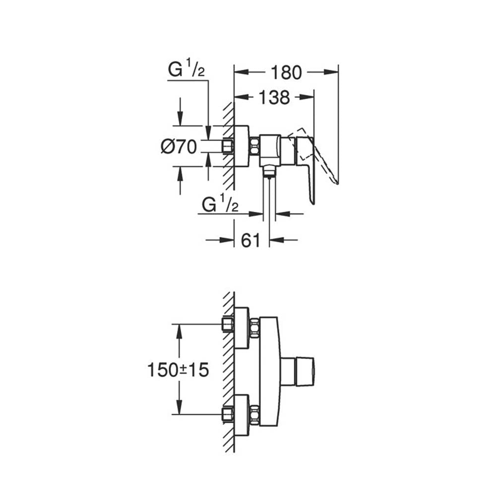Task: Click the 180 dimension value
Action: coord(286,72)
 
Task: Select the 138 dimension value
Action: coord(274,98)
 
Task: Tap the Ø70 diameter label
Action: coord(179,146)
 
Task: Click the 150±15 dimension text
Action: coord(178,370)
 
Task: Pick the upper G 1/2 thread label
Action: coord(186,70)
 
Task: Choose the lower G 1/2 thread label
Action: coord(220,204)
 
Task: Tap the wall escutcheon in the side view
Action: coord(241,146)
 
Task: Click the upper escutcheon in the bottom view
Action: coord(241,327)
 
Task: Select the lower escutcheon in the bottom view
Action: coord(241,415)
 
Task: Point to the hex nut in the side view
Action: coord(254,146)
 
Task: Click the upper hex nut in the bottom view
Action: coord(254,327)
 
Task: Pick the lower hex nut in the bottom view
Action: coord(254,415)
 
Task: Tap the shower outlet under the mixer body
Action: coord(269,171)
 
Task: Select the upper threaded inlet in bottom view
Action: coord(228,325)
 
